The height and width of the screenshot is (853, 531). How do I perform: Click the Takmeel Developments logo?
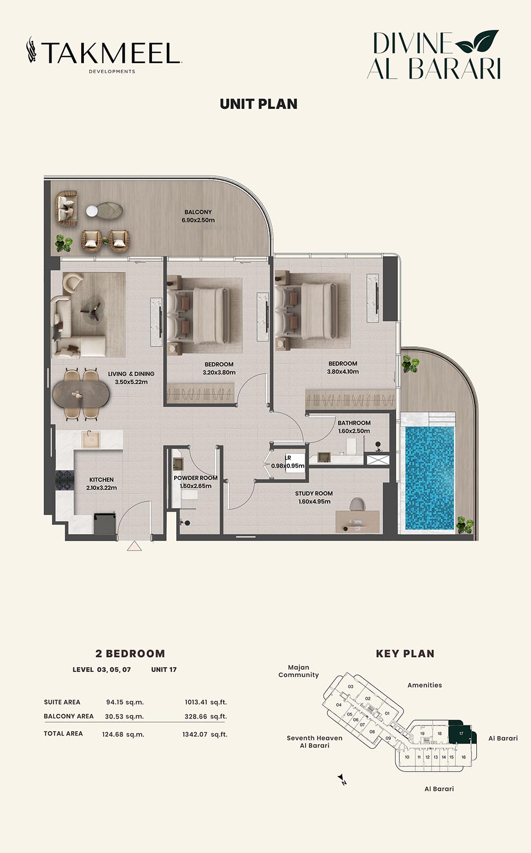tap(104, 55)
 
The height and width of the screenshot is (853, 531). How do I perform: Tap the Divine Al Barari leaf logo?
tap(434, 55)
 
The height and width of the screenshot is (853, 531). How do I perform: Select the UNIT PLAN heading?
tap(259, 104)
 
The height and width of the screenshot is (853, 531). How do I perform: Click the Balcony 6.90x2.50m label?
tap(198, 216)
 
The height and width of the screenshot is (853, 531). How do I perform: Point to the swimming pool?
tap(430, 478)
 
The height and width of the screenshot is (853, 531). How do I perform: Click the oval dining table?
tap(81, 394)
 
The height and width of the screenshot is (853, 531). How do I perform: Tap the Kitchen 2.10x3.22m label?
tap(101, 484)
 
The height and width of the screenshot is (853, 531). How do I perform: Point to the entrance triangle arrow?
tap(134, 546)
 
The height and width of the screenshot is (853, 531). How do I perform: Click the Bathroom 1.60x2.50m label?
tap(354, 427)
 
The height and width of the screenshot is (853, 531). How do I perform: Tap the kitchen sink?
tap(91, 440)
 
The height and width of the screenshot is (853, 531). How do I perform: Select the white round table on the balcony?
tap(92, 211)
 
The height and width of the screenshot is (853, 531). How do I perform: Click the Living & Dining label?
tap(131, 378)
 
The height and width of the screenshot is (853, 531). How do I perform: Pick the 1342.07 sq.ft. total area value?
tap(204, 734)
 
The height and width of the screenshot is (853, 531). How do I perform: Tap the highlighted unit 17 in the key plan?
tap(461, 733)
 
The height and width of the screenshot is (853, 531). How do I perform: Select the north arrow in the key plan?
tap(341, 779)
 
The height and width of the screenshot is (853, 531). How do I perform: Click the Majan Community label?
tap(298, 671)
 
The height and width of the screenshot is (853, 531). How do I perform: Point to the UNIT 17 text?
tap(164, 670)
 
